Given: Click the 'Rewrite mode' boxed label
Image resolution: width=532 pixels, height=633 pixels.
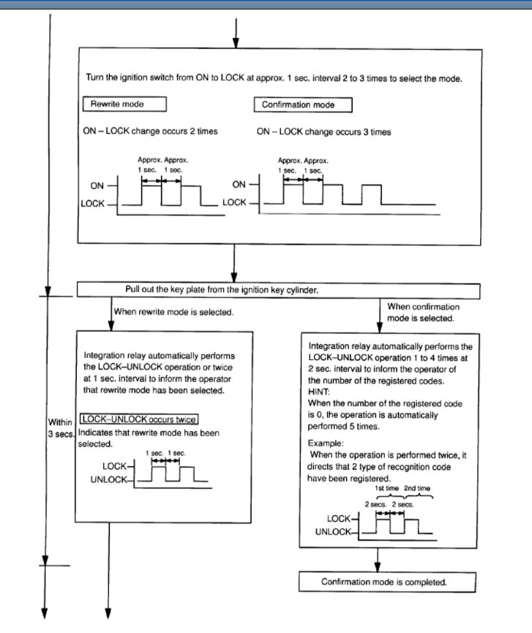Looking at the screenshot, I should click(x=117, y=105).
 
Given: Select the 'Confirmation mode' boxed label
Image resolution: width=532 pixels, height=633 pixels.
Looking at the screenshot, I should click(x=303, y=105).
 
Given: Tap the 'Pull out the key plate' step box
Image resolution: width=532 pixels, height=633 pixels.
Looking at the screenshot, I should click(x=278, y=291).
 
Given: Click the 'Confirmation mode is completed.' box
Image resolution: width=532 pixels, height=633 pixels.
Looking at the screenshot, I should click(x=388, y=582).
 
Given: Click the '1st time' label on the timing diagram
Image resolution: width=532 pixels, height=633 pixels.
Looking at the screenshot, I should click(x=386, y=487).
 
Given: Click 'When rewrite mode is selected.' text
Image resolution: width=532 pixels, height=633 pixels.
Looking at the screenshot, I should click(x=173, y=312).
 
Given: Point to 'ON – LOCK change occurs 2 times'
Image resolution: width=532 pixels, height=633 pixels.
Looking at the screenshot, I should click(x=151, y=132).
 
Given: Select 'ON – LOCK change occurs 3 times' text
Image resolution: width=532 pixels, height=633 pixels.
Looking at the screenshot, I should click(x=323, y=132).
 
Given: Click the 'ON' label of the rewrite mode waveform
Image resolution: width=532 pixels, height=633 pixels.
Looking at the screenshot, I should click(x=97, y=186).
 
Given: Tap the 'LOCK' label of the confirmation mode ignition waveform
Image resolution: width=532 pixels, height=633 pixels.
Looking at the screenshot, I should click(x=234, y=202).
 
